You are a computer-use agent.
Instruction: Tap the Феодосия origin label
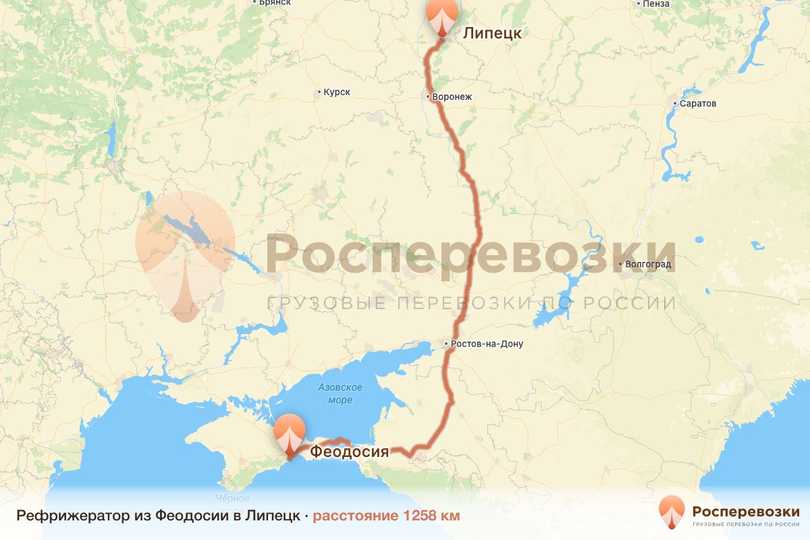pos(349,452)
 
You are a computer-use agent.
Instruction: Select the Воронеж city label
pos(452,97)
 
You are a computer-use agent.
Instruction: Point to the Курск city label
pos(337,92)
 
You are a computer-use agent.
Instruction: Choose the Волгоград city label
pos(649,264)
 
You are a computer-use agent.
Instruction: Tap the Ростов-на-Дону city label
pos(487,344)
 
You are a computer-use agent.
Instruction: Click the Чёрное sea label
pos(233,499)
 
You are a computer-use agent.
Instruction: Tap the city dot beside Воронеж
pos(429,97)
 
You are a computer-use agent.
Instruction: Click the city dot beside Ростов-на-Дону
pos(446,344)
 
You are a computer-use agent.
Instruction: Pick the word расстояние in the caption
pos(356,516)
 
